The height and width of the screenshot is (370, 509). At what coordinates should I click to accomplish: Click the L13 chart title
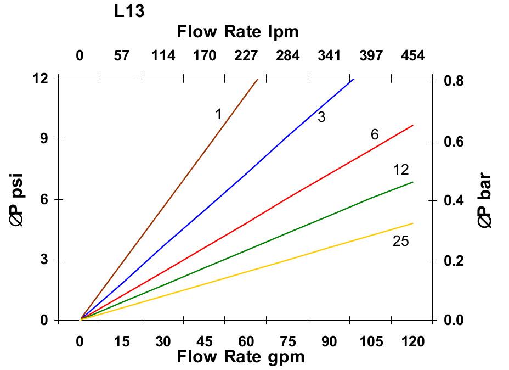(x=129, y=11)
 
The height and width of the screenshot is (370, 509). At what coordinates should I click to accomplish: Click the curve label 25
(x=401, y=240)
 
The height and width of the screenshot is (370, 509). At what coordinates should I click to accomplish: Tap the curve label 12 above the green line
(x=401, y=170)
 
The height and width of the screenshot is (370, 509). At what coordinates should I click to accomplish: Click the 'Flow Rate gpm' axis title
(x=240, y=357)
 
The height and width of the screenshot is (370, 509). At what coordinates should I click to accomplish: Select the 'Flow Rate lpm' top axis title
(x=237, y=32)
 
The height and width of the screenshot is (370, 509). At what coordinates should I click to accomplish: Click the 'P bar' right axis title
(x=485, y=200)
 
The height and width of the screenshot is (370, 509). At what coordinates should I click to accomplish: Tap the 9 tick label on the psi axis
(x=44, y=139)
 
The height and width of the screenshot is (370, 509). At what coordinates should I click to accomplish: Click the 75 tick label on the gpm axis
(x=287, y=341)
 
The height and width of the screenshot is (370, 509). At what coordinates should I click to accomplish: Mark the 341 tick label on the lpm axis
(x=329, y=55)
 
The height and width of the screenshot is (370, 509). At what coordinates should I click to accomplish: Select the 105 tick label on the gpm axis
(x=371, y=341)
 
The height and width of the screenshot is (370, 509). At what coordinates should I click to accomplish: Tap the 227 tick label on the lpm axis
(x=246, y=55)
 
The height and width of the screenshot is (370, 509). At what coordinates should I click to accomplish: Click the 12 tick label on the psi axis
(x=41, y=79)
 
